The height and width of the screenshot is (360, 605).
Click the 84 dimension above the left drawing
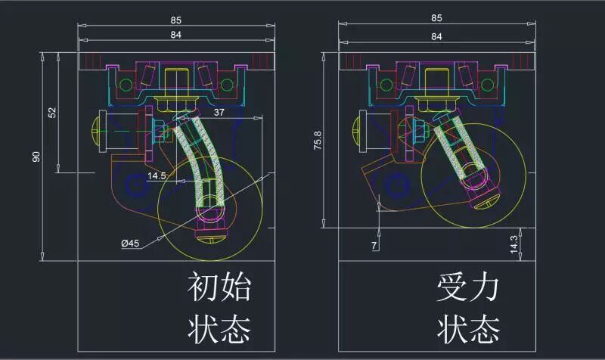(x=175, y=34)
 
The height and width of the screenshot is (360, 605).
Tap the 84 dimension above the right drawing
(x=436, y=36)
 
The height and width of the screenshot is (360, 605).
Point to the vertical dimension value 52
(x=52, y=112)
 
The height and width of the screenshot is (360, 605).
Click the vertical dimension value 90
(x=36, y=157)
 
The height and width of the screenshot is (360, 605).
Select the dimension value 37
(x=219, y=112)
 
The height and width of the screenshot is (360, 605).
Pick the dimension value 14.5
(x=157, y=175)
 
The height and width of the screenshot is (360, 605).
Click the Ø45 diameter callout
(x=129, y=244)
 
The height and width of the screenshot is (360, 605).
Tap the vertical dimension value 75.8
(x=317, y=140)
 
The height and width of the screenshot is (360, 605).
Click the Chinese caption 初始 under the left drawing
(x=219, y=288)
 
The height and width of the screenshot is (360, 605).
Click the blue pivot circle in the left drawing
(x=137, y=182)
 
